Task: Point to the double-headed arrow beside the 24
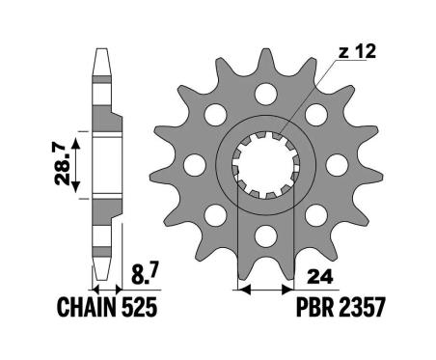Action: point(264,290)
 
